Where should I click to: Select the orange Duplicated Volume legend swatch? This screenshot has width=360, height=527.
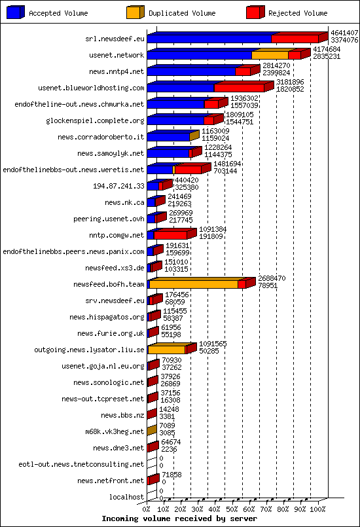(x=134, y=12)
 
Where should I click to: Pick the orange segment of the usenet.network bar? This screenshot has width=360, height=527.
(x=270, y=55)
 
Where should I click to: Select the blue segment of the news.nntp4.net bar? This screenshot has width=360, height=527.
(x=190, y=71)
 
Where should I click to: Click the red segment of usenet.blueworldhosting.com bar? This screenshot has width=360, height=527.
(x=239, y=88)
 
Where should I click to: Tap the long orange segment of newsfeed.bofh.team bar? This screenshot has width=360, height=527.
(x=193, y=284)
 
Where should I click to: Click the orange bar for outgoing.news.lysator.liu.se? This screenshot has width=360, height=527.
(x=166, y=350)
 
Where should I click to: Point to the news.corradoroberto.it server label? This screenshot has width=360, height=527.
(x=101, y=137)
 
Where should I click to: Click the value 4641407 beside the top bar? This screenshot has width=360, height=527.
(x=344, y=32)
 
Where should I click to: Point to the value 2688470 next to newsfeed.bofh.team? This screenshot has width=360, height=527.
(x=271, y=278)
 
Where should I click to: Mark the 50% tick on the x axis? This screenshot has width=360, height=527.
(x=232, y=508)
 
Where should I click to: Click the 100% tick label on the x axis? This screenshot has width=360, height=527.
(x=317, y=508)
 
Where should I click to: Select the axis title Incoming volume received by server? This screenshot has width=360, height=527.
(x=179, y=518)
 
